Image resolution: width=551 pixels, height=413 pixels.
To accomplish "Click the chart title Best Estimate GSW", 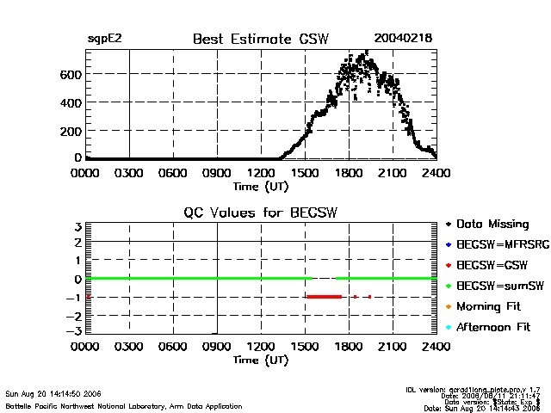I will coord(261,39).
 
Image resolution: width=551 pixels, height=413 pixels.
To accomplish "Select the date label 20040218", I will coord(403,39).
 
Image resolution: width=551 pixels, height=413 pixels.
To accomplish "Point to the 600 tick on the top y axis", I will coord(71,74).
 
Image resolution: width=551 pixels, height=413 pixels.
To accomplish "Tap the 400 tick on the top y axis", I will coord(71,102).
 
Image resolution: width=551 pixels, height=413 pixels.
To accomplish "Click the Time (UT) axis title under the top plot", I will coord(261,185).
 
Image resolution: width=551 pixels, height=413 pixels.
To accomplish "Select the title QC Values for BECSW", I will coord(261,213).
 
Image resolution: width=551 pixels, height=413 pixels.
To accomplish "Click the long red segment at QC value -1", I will coord(324,296).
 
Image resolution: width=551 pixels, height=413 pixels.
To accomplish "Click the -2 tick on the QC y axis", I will coord(74,314).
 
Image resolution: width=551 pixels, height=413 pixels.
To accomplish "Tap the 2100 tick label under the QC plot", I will coord(392,347).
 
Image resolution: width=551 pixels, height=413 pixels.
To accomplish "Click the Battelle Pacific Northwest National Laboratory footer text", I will coord(124,405).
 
